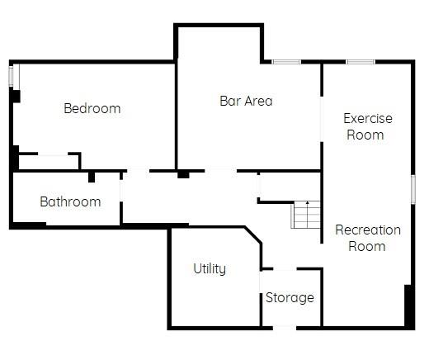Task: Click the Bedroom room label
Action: click(x=92, y=108)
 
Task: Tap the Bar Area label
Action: click(x=246, y=102)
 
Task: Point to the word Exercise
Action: click(x=368, y=118)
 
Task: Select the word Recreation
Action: click(x=368, y=230)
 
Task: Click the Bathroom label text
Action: click(x=70, y=201)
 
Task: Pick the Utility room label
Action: click(x=210, y=268)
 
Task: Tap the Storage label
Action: click(x=290, y=297)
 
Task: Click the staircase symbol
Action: click(x=304, y=215)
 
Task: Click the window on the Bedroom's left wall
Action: click(x=12, y=76)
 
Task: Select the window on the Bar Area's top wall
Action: click(x=286, y=62)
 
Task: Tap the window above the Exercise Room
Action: click(x=361, y=62)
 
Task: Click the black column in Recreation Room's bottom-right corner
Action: click(x=408, y=306)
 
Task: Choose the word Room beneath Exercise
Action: click(x=365, y=135)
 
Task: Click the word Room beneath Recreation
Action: click(x=367, y=246)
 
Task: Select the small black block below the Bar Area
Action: click(x=183, y=174)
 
